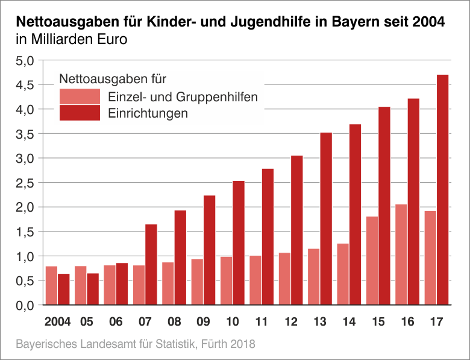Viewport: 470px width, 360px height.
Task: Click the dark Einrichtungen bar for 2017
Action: tap(443, 190)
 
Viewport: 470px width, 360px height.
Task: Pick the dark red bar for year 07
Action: tap(151, 265)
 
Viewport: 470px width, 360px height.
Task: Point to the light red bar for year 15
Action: tap(372, 261)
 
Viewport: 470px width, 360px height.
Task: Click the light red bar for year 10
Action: tap(227, 281)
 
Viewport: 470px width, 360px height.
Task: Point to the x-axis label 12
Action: tap(291, 321)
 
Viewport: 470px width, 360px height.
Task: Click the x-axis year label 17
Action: tap(437, 321)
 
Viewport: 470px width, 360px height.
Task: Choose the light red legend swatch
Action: tap(80, 96)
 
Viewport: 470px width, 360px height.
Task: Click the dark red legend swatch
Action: tap(80, 113)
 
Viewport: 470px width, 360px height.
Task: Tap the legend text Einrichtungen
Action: tap(148, 113)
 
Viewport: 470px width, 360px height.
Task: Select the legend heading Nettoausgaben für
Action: tap(113, 78)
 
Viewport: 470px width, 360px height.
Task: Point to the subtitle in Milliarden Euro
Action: tap(72, 41)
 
